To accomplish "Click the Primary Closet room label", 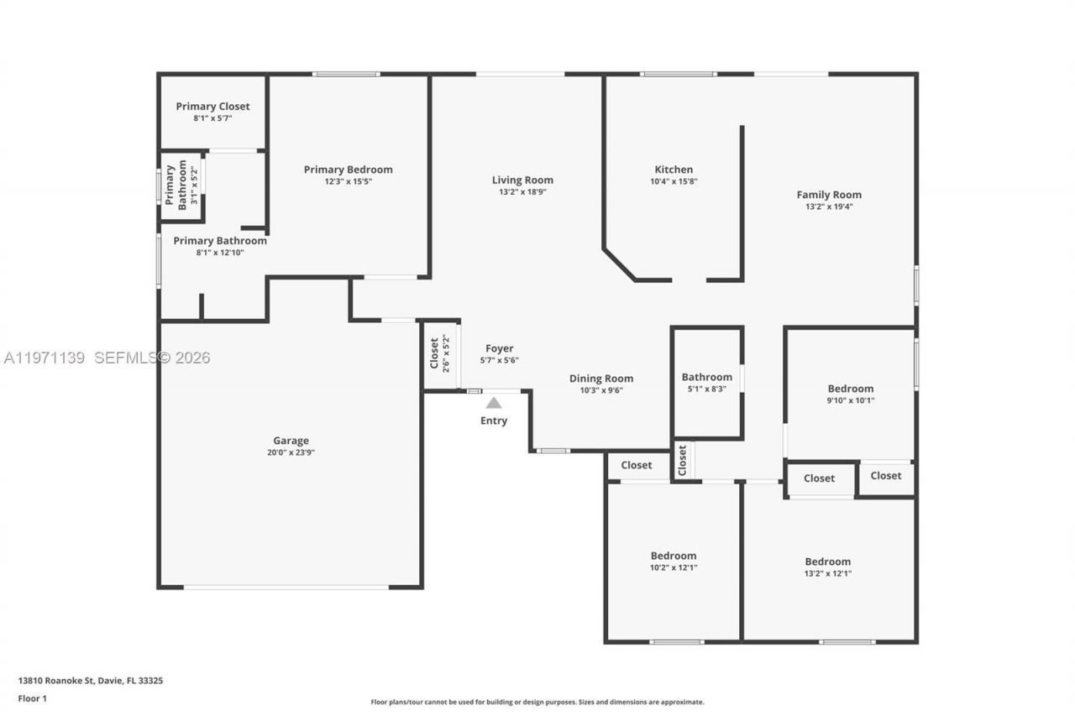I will (x=212, y=107).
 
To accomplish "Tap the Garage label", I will (x=291, y=441).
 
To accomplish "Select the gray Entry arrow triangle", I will (x=494, y=403).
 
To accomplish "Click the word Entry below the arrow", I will (x=494, y=421).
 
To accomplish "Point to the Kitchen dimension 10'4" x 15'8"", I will (x=674, y=181).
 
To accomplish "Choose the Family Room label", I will (x=829, y=195).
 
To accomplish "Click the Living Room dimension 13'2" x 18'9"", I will (x=522, y=191).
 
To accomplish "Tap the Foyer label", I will (x=499, y=348).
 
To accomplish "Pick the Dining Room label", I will (x=601, y=379).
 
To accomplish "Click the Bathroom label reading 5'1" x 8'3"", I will (x=706, y=377).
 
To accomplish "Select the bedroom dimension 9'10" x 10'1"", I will (x=851, y=400).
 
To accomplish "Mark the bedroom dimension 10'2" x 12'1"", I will (x=674, y=567).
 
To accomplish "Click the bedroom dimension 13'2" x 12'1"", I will (x=827, y=573).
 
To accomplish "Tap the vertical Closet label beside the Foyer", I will (x=434, y=353).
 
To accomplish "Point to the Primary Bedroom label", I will (x=348, y=170).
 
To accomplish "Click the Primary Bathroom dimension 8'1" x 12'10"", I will (x=220, y=252).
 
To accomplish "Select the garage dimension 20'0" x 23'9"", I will (x=291, y=452).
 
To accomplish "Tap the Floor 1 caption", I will (x=32, y=698).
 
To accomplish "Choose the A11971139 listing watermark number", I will (x=45, y=358).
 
